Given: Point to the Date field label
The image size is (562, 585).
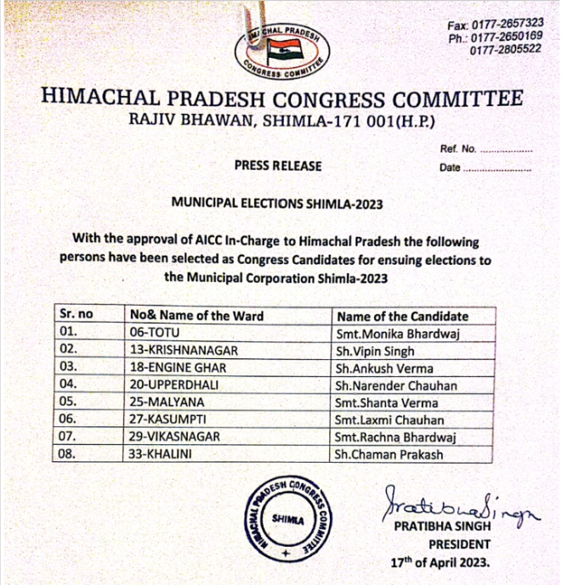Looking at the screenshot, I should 450,167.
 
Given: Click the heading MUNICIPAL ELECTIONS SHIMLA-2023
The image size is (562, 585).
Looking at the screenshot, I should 277,204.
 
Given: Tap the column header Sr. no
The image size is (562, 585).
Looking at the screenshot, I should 77,316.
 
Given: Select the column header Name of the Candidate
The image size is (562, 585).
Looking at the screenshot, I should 403,316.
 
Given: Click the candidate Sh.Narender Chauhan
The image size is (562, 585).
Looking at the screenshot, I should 396,385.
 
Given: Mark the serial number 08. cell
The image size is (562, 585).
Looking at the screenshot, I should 71,454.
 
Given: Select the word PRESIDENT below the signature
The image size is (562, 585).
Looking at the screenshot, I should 459,544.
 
